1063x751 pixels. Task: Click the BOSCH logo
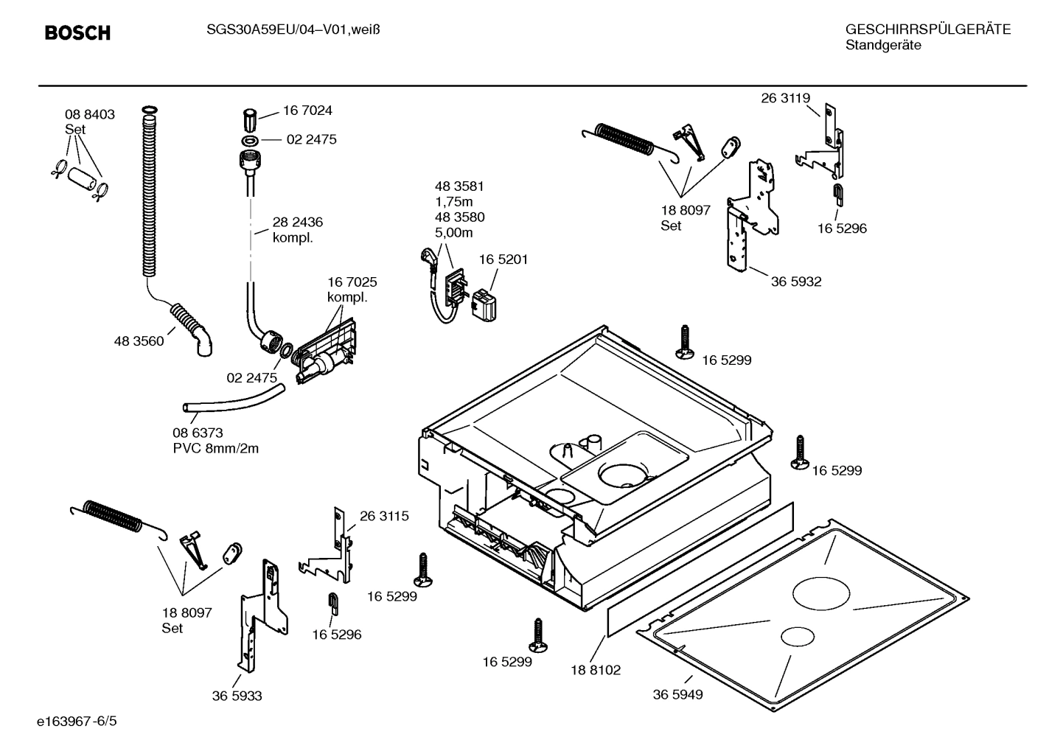click(x=77, y=33)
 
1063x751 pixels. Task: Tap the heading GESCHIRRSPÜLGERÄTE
click(x=927, y=29)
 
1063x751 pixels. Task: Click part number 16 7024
click(x=307, y=111)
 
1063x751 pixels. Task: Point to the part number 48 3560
click(x=139, y=341)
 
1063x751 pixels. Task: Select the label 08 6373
click(x=198, y=433)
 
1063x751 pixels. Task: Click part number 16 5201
click(x=503, y=259)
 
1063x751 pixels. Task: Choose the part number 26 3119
click(x=785, y=98)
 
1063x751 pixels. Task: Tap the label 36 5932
click(x=796, y=282)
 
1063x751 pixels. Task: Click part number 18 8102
click(x=596, y=670)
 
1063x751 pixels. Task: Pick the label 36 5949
click(x=677, y=694)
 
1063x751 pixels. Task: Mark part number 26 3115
click(x=384, y=516)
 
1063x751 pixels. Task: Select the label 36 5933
click(x=237, y=696)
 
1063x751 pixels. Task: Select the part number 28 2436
click(x=297, y=222)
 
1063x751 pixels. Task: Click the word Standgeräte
click(x=883, y=46)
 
